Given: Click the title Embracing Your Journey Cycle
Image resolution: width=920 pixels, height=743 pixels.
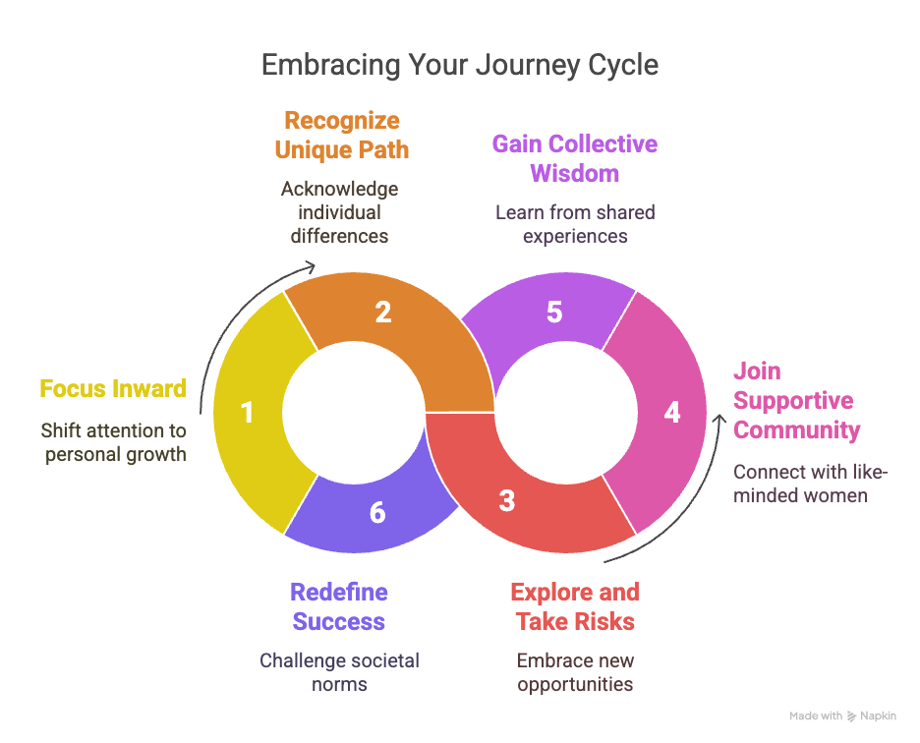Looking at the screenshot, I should pyautogui.click(x=460, y=65).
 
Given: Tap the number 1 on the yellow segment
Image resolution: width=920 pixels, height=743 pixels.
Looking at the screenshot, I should pyautogui.click(x=247, y=412).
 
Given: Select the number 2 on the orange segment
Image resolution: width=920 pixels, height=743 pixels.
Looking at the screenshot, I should pyautogui.click(x=383, y=312).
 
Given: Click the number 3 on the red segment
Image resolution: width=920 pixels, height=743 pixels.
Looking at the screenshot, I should pyautogui.click(x=506, y=501).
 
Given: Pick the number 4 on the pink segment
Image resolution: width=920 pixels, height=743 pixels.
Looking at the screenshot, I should pyautogui.click(x=672, y=412).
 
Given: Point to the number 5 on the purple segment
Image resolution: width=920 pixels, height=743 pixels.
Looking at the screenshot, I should pyautogui.click(x=554, y=312).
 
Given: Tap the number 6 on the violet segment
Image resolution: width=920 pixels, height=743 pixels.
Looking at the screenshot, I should pyautogui.click(x=377, y=512).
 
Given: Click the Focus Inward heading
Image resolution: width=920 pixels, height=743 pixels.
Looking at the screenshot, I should pyautogui.click(x=113, y=388).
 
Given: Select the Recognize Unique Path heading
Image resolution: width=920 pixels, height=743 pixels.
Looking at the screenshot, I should pyautogui.click(x=341, y=136).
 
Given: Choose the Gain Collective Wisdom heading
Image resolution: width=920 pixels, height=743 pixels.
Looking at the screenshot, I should pyautogui.click(x=575, y=158).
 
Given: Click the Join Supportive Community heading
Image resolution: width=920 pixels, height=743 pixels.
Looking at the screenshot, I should pyautogui.click(x=796, y=401).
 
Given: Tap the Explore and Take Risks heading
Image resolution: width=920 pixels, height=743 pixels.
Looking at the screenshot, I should pyautogui.click(x=575, y=606).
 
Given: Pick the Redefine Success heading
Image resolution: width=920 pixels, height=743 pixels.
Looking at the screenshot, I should pyautogui.click(x=339, y=606).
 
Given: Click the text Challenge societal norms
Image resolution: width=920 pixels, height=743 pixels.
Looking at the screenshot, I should pyautogui.click(x=339, y=672).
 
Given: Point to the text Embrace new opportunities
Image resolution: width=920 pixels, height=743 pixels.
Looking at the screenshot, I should pyautogui.click(x=575, y=672).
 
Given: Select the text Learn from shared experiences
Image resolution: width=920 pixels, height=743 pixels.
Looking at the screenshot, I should pyautogui.click(x=575, y=224).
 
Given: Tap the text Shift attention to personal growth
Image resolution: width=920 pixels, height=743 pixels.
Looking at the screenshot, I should pyautogui.click(x=113, y=442).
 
